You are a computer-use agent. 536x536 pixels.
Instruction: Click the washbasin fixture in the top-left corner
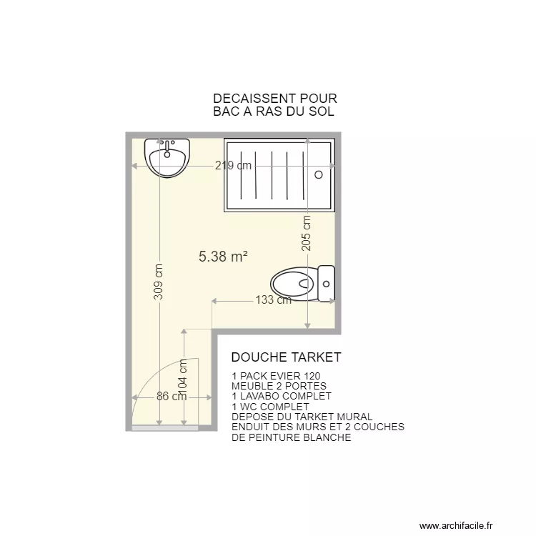pos(167,158)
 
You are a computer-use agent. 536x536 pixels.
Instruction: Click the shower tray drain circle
pos(319,174)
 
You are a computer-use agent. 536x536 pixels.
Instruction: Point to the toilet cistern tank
pos(327,284)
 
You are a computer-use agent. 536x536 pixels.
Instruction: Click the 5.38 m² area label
pos(223,257)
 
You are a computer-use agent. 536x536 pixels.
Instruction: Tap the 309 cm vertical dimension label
pos(159,282)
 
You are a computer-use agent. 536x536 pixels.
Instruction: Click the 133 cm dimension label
pos(273,300)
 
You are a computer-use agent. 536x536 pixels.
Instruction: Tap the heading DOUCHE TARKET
pos(286,357)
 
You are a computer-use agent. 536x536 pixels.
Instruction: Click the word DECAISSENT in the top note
pos(245,99)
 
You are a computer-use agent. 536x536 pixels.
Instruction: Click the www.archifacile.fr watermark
pos(465,526)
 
